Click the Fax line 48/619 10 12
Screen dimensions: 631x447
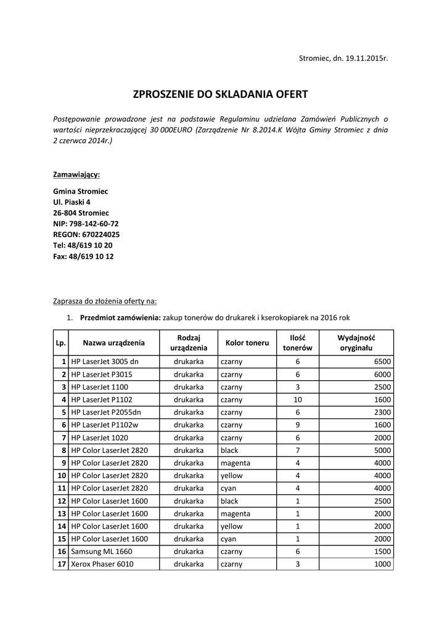[83, 256]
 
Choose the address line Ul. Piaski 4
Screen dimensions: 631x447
[72, 202]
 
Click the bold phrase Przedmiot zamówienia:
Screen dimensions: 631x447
[120, 318]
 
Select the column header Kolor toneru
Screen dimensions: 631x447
[247, 343]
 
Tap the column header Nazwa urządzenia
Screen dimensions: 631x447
[114, 343]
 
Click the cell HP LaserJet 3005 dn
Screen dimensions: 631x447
[105, 362]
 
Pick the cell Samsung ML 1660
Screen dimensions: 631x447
[101, 552]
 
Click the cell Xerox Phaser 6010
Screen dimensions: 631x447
[102, 564]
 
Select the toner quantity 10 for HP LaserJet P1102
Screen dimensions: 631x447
[297, 400]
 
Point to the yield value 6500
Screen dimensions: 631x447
[382, 362]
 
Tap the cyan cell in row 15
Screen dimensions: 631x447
[229, 539]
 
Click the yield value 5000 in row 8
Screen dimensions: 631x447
[382, 450]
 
